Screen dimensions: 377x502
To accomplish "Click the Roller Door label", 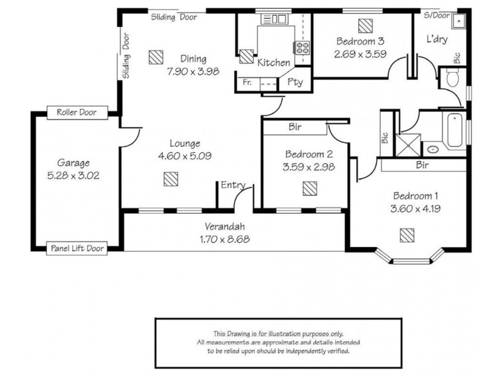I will click(x=77, y=113).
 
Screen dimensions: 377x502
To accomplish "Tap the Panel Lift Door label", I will click(x=78, y=249).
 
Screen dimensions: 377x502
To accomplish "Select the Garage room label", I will click(x=73, y=162).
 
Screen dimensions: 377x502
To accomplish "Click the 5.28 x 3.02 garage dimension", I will click(x=73, y=177).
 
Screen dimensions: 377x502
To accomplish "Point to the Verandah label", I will click(x=223, y=227).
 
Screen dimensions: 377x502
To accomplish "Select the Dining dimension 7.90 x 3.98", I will click(x=193, y=72).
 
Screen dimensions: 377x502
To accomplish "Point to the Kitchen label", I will click(x=274, y=63).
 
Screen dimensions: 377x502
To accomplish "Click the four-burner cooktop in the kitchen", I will click(x=302, y=48).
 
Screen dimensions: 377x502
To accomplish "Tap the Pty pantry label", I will click(x=294, y=82).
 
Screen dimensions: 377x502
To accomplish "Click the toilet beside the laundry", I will click(x=453, y=78).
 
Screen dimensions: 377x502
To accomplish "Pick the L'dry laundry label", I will click(x=436, y=39).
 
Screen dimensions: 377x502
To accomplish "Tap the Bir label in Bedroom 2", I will click(x=295, y=127).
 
